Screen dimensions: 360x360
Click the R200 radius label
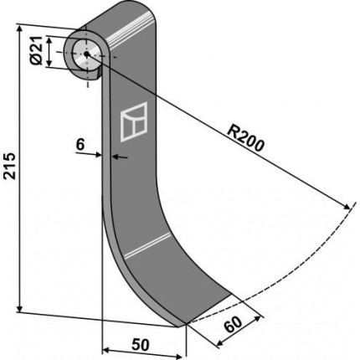245,138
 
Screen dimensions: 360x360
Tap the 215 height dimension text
10,166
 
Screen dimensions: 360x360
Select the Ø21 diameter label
37,50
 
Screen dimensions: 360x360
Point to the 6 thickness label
80,145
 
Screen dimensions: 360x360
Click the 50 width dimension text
140,345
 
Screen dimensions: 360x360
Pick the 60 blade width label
234,325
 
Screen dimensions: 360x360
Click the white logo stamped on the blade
134,121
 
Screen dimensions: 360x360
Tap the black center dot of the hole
86,54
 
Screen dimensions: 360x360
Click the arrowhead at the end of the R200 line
346,207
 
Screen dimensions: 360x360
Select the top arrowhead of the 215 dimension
19,28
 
